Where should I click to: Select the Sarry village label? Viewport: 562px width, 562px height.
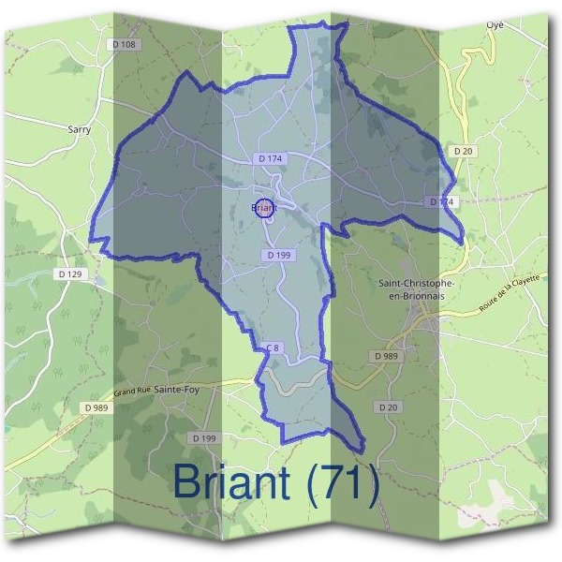pyautogui.click(x=80, y=130)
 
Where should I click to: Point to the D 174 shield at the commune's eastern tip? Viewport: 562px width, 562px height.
pyautogui.click(x=441, y=202)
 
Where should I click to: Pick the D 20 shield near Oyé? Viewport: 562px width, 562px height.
pyautogui.click(x=462, y=151)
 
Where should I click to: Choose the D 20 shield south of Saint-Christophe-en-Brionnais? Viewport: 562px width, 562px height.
pyautogui.click(x=390, y=407)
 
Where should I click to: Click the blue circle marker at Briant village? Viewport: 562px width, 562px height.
pyautogui.click(x=265, y=210)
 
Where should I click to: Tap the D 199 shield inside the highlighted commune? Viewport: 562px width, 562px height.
pyautogui.click(x=278, y=255)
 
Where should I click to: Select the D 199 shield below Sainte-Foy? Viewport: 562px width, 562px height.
pyautogui.click(x=203, y=438)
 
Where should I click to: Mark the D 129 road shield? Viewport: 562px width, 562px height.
pyautogui.click(x=69, y=274)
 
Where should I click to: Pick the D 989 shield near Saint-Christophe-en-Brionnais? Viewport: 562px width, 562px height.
pyautogui.click(x=385, y=357)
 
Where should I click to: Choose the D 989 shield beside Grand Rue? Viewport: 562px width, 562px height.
pyautogui.click(x=96, y=407)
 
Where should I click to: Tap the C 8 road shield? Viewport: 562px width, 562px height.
pyautogui.click(x=273, y=348)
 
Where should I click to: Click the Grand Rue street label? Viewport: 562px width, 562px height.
pyautogui.click(x=132, y=389)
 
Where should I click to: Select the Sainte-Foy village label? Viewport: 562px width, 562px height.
pyautogui.click(x=177, y=387)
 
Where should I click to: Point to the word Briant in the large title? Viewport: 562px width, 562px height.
pyautogui.click(x=231, y=484)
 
